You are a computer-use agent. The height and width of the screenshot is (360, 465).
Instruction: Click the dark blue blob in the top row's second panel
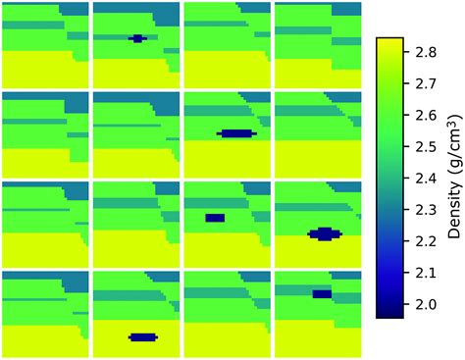click(x=137, y=38)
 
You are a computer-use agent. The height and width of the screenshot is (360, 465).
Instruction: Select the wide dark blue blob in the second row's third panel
click(x=236, y=132)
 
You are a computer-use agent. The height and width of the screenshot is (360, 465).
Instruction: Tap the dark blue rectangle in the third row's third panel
click(x=215, y=218)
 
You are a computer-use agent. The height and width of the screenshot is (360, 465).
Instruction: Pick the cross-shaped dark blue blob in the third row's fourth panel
click(x=324, y=233)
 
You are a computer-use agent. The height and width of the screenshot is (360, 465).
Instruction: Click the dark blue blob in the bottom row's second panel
click(x=143, y=337)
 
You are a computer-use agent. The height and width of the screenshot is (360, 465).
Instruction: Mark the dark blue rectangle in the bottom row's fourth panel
click(x=322, y=293)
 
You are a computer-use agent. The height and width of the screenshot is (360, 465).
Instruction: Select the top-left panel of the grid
click(x=45, y=44)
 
